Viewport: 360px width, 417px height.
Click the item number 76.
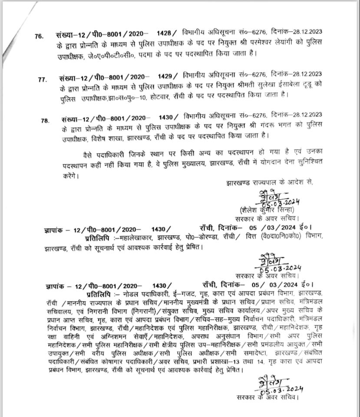click(39, 36)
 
